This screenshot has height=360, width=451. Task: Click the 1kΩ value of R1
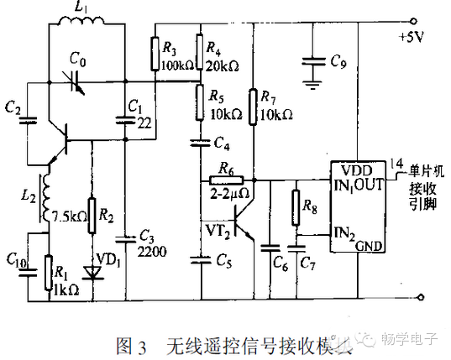[x=67, y=290]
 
